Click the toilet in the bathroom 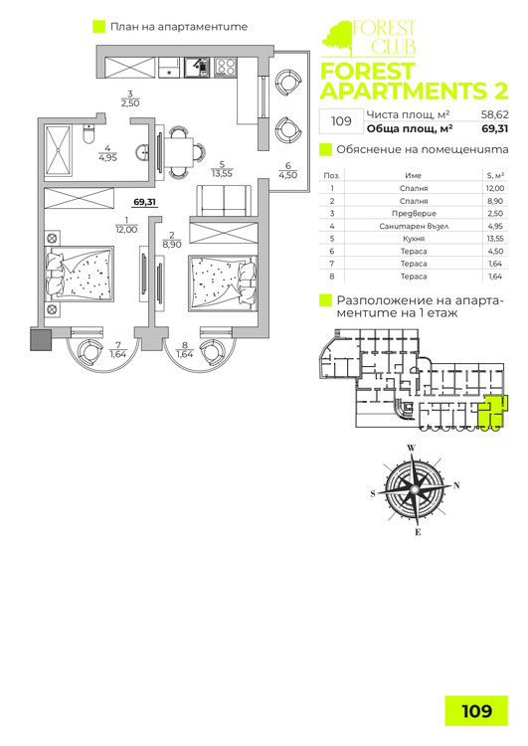click(x=88, y=133)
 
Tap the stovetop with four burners click(x=226, y=67)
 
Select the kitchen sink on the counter click(x=197, y=67)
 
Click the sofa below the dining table click(x=224, y=200)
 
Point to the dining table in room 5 click(x=179, y=152)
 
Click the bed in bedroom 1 click(x=80, y=274)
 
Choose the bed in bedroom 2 click(x=223, y=283)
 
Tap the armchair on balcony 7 click(x=89, y=352)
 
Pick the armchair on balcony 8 click(x=212, y=352)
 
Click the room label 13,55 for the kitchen click(x=222, y=174)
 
